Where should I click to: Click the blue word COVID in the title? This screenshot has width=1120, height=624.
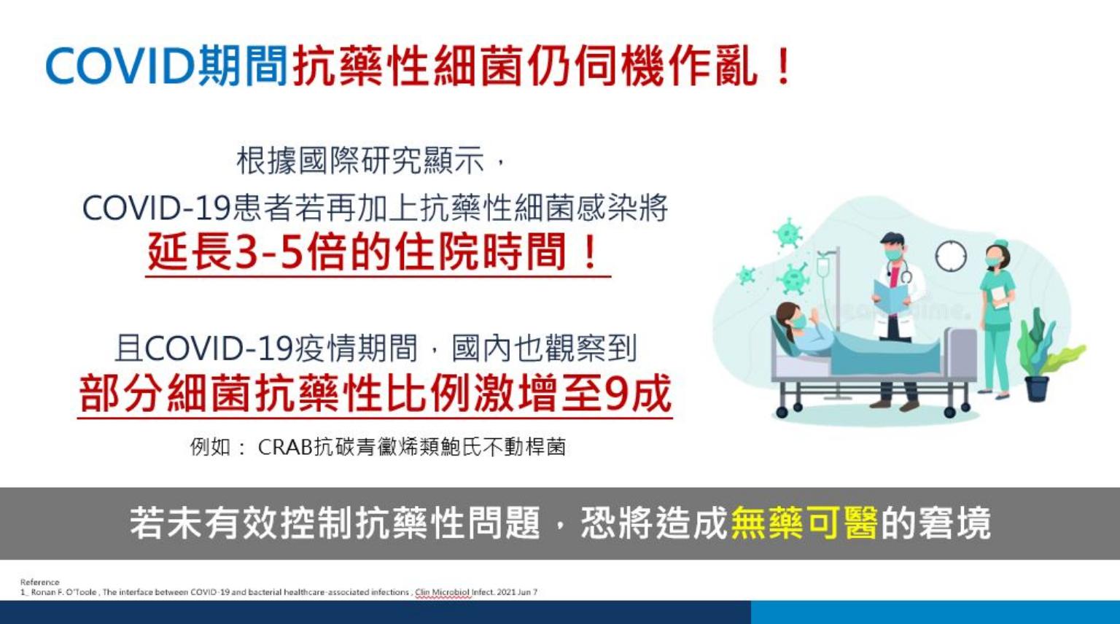click(120, 66)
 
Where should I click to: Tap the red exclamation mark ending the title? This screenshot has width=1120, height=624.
click(781, 66)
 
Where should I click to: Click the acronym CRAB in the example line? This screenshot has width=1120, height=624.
click(285, 447)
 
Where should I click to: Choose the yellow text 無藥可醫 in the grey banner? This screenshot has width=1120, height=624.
click(804, 523)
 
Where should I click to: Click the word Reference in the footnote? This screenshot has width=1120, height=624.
click(40, 582)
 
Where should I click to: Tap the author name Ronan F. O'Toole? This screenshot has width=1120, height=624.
click(64, 592)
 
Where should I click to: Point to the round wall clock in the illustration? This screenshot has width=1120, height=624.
click(951, 256)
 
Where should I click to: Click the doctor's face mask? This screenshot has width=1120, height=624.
click(893, 254)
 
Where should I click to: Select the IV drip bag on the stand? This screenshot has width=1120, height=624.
click(823, 268)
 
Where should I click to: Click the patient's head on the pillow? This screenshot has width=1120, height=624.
click(790, 319)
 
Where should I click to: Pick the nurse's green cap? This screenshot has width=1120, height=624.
click(1000, 243)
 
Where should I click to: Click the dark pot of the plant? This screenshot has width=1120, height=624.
click(1036, 389)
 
